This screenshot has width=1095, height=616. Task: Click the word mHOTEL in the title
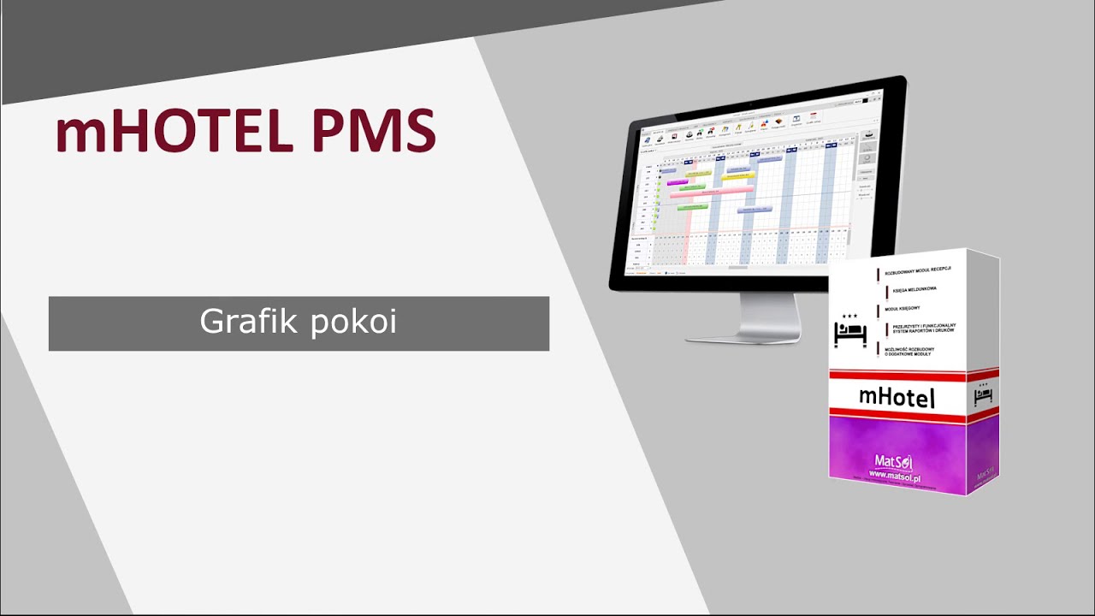click(x=171, y=133)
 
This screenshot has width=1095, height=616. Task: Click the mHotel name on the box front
click(x=896, y=396)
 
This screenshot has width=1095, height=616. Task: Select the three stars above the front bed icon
click(x=849, y=316)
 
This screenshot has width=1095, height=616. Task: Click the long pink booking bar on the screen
click(x=710, y=193)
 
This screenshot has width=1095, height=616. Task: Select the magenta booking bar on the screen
click(x=677, y=181)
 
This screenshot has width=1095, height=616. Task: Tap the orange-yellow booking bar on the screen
click(x=737, y=177)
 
